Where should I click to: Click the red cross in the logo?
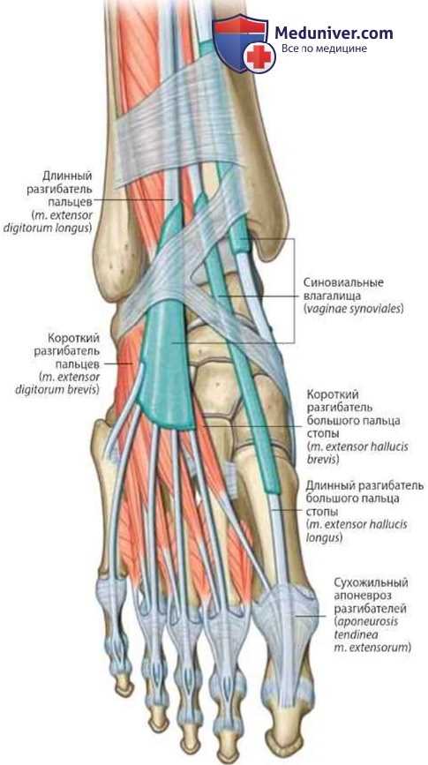(x=259, y=57)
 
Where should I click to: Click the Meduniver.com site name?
(x=334, y=33)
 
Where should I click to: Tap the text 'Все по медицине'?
(x=324, y=49)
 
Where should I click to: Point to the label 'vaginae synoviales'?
(x=353, y=309)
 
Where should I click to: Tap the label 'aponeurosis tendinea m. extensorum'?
(x=373, y=634)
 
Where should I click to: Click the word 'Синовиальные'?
(x=343, y=282)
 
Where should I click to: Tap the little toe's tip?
(x=124, y=687)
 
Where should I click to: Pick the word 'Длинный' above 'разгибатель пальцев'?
(x=67, y=176)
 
